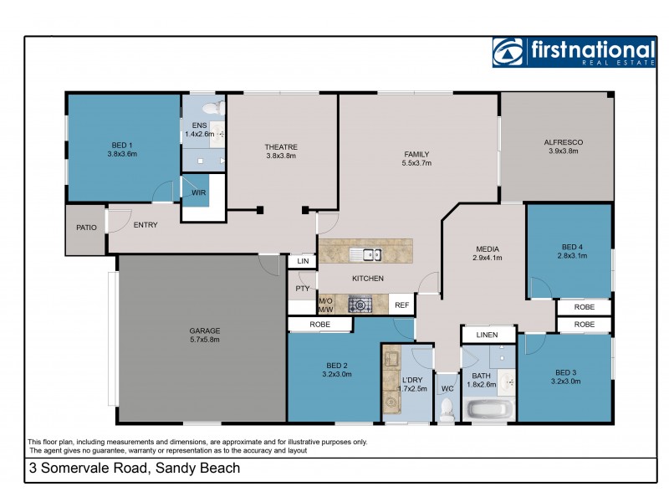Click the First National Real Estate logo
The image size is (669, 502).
click(x=574, y=52)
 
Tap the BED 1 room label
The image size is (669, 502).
click(x=122, y=144)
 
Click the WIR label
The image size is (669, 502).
click(x=198, y=192)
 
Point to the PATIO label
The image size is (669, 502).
click(x=86, y=228)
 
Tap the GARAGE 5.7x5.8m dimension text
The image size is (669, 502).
click(x=204, y=341)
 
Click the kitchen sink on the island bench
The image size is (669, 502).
click(x=365, y=255)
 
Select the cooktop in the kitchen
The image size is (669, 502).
click(x=360, y=305)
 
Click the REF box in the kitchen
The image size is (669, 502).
click(x=401, y=305)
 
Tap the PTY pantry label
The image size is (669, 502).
click(x=302, y=289)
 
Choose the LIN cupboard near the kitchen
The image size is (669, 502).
click(x=302, y=262)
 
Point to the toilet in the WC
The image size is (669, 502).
click(x=447, y=407)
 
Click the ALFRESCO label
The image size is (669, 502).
click(x=563, y=143)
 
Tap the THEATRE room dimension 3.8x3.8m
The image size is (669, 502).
click(x=281, y=156)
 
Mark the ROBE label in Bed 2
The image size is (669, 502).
click(x=319, y=324)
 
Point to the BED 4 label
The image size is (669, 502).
click(x=572, y=247)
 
